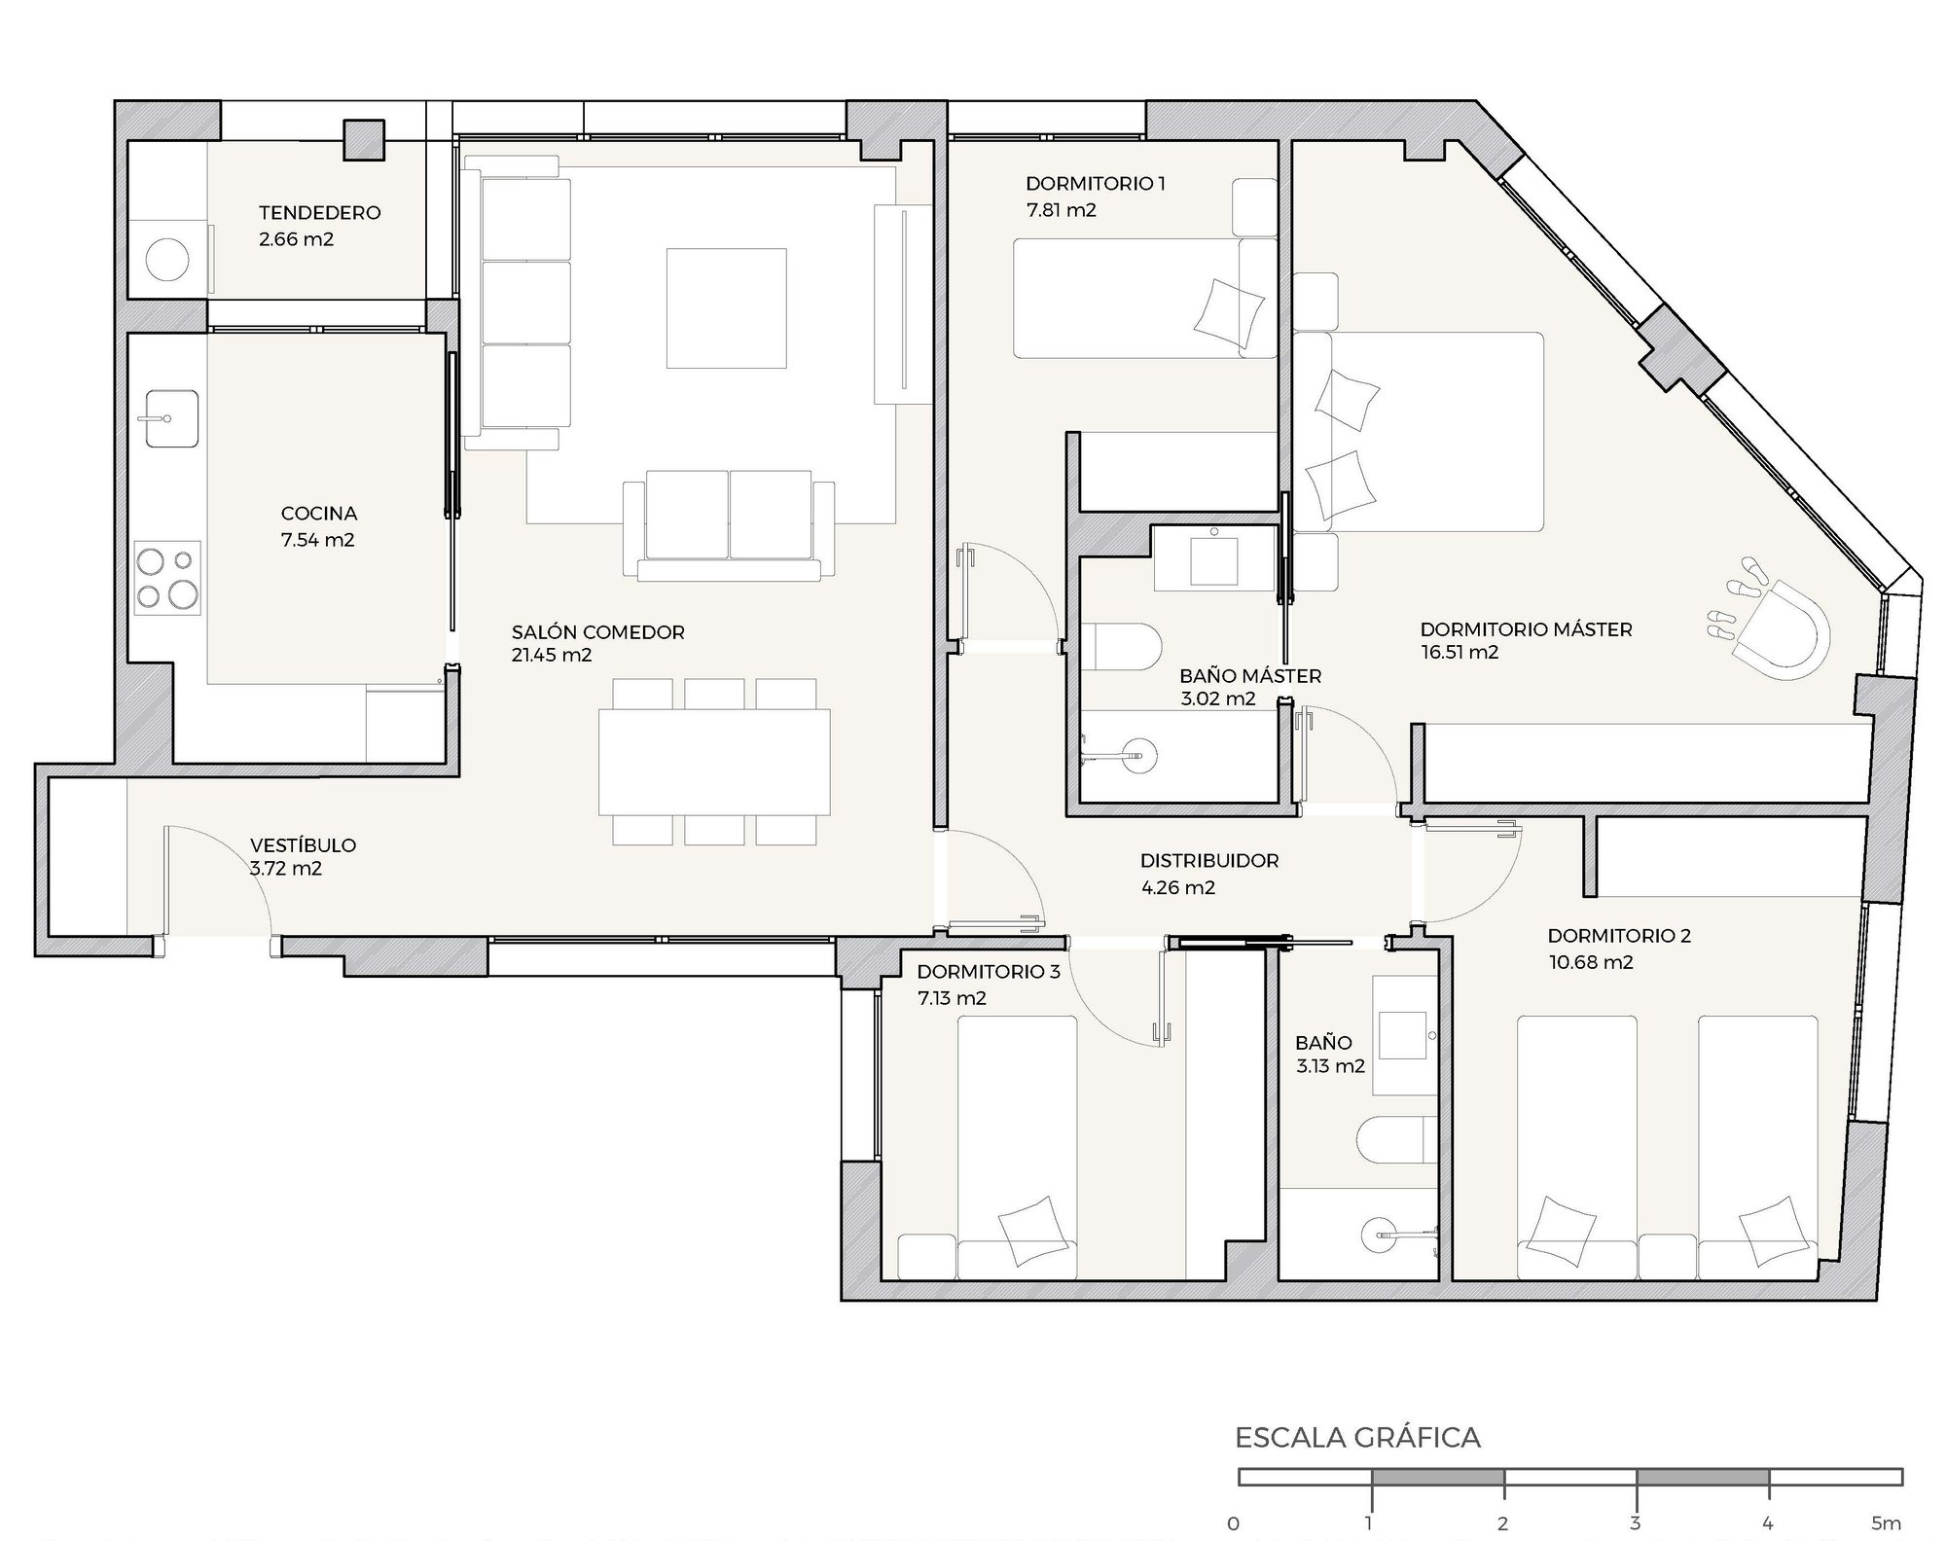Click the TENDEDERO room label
(x=319, y=213)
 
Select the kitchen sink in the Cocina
(x=171, y=418)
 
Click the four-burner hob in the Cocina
(x=167, y=578)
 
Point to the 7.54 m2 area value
(x=318, y=541)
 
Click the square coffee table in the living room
(x=726, y=308)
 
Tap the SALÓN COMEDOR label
(x=598, y=632)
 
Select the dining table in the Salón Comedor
(x=714, y=762)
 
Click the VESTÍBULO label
(x=303, y=845)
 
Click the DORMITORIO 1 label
(x=1096, y=183)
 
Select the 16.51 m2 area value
(x=1459, y=653)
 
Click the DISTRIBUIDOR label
(x=1209, y=861)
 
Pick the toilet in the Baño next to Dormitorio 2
(x=1397, y=1140)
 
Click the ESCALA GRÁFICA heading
(x=1357, y=1438)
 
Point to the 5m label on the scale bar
(x=1886, y=1523)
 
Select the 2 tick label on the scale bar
(x=1503, y=1523)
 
